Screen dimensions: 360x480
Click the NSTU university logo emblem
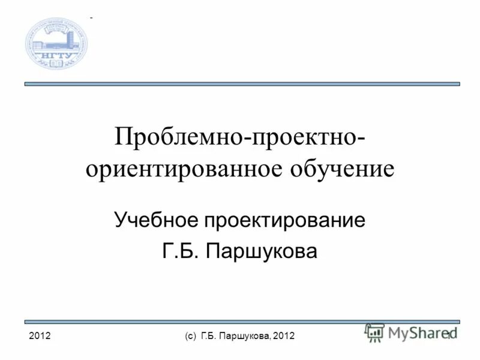pyautogui.click(x=56, y=43)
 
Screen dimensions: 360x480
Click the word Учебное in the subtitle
pyautogui.click(x=157, y=221)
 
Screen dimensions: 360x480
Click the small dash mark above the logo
pyautogui.click(x=91, y=19)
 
